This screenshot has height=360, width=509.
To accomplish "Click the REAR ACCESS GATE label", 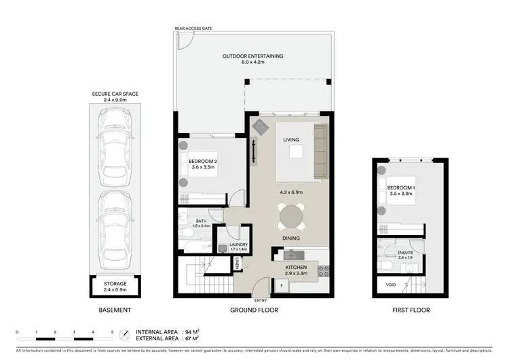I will point(193,29).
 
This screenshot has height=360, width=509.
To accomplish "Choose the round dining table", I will point(292,217).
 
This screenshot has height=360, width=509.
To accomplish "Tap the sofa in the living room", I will point(320,153).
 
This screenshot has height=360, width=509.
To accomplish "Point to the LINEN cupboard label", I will point(238,266).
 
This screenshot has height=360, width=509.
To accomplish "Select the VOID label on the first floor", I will point(390,285).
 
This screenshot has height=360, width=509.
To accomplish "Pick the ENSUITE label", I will point(406,254).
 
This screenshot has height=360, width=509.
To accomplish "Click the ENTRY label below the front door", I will point(261,300).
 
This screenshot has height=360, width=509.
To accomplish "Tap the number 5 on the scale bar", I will point(112,331).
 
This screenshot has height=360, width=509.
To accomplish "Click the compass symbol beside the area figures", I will point(122,336).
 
